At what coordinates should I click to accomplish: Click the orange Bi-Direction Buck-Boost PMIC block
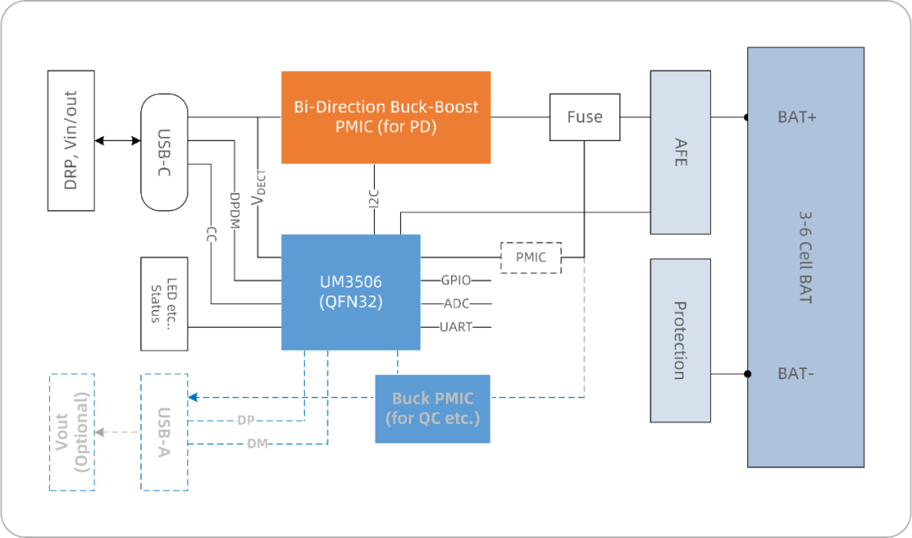click(386, 117)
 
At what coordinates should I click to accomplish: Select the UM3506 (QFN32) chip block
click(350, 291)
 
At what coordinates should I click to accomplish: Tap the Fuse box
click(584, 117)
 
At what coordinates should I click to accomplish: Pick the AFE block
click(681, 152)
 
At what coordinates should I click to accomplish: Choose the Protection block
click(681, 340)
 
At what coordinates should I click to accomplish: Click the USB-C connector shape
click(164, 152)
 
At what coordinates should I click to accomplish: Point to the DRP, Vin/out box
click(71, 140)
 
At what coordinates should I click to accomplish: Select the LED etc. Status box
click(164, 303)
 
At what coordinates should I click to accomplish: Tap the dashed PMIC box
click(530, 258)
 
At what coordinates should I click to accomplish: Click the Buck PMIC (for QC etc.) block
click(432, 408)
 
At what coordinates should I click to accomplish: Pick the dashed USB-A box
click(164, 431)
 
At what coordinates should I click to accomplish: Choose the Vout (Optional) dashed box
click(72, 431)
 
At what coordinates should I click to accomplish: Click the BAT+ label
click(796, 117)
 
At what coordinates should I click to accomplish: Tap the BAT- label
click(795, 373)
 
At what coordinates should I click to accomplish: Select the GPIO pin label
click(456, 280)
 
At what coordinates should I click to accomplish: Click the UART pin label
click(456, 327)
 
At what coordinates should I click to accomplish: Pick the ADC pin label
click(456, 304)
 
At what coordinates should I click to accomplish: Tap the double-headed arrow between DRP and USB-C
click(117, 140)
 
